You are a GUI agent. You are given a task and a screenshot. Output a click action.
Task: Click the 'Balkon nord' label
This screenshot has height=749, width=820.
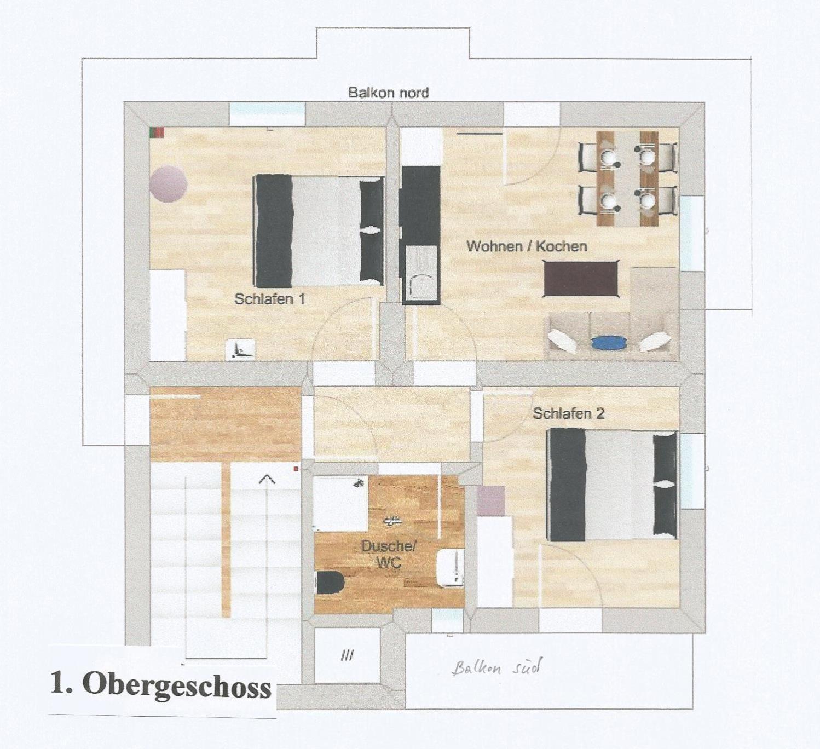(388, 93)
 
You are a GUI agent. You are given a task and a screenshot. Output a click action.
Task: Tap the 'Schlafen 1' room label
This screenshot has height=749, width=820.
(269, 299)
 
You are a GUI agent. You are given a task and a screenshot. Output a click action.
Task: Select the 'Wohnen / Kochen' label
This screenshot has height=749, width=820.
(527, 246)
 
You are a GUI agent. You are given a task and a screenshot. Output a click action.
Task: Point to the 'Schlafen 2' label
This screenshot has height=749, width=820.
(568, 413)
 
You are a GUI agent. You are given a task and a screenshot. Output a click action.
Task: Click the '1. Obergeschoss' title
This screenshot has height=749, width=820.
(160, 687)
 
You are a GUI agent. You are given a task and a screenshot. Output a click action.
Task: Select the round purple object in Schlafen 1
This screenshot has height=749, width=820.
(168, 184)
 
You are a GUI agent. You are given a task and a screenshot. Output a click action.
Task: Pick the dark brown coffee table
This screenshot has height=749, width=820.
(581, 279)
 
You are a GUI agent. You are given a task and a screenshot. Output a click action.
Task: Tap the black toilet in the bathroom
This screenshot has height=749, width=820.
(330, 583)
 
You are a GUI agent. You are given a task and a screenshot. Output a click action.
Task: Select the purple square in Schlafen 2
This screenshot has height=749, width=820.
(490, 501)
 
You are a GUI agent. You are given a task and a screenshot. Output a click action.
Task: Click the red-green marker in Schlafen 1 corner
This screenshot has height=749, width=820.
(157, 132)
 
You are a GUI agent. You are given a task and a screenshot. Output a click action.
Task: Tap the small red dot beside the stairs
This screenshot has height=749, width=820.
(296, 469)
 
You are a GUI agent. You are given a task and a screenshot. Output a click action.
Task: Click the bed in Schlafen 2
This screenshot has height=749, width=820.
(613, 485)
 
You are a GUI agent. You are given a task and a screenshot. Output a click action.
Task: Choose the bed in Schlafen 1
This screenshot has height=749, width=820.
(319, 231)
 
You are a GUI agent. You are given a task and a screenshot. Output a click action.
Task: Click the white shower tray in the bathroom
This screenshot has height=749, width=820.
(341, 503)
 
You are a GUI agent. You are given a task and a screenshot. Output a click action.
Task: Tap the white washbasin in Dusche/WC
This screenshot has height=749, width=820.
(451, 568)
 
